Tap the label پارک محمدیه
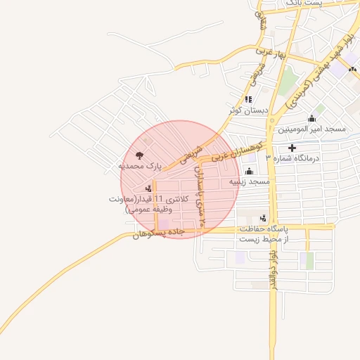click(x=140, y=167)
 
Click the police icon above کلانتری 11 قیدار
click(x=148, y=188)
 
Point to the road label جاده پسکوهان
click(x=157, y=233)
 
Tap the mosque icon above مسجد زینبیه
click(x=249, y=171)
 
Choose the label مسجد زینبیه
click(x=249, y=181)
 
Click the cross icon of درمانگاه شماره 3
click(x=292, y=148)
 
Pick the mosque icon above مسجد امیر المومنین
click(x=311, y=118)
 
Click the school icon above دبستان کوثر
click(x=248, y=100)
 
